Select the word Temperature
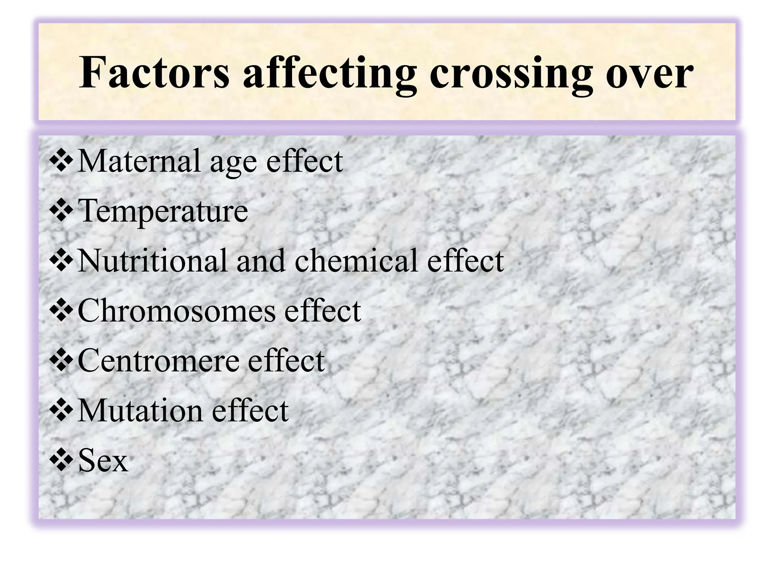point(163,211)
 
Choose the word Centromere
point(158,360)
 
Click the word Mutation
point(140,410)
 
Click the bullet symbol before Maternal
point(61,161)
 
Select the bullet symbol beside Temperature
point(61,211)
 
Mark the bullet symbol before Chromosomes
point(61,311)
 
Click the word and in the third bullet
point(261,261)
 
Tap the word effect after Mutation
point(250,410)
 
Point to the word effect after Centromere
point(286,360)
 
